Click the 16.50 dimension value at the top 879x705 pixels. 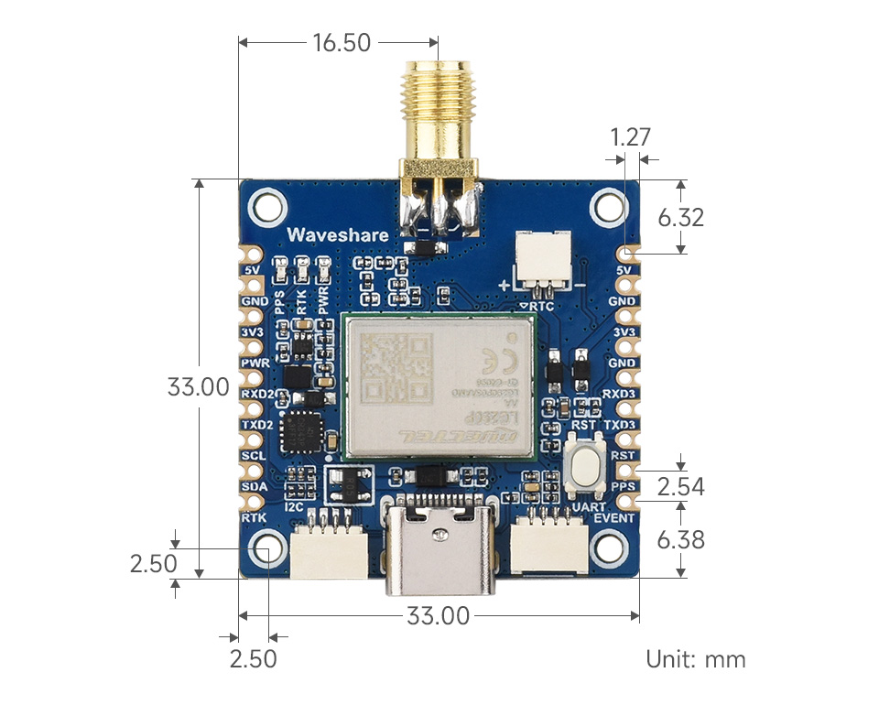(x=342, y=42)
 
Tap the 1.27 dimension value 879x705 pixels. (x=631, y=137)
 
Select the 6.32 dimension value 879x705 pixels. (x=681, y=218)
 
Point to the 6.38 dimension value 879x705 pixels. (x=681, y=540)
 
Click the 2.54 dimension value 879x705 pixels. (x=681, y=486)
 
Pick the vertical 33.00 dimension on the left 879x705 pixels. (x=198, y=386)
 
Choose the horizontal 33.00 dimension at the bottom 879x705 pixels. (x=438, y=616)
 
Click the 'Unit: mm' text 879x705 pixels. (x=695, y=658)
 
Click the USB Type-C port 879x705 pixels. (x=445, y=545)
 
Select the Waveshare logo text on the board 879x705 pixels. (x=337, y=235)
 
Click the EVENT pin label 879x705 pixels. (x=613, y=518)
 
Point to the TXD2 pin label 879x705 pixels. (x=257, y=425)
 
